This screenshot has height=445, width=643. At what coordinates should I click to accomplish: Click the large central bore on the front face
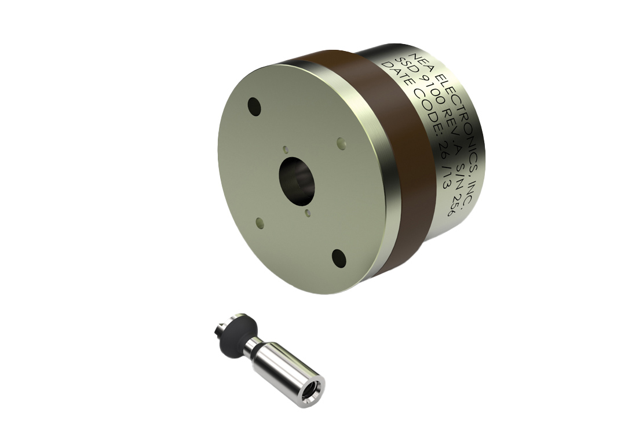298,180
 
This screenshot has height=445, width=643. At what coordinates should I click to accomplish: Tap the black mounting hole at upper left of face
254,105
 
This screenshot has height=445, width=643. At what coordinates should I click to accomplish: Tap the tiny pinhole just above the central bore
285,149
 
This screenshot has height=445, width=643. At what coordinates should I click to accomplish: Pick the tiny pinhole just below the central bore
308,213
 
